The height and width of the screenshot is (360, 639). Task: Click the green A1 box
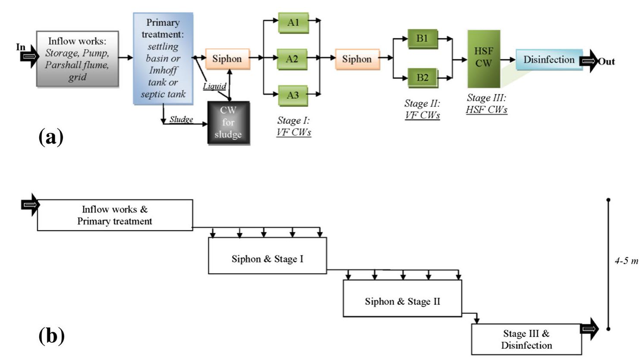click(293, 22)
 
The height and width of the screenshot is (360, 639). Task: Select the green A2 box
click(292, 59)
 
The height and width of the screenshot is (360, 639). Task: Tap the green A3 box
click(293, 95)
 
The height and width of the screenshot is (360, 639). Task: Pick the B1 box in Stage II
click(422, 39)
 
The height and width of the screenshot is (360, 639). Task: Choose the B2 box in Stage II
click(422, 78)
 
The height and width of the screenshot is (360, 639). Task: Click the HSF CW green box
click(483, 58)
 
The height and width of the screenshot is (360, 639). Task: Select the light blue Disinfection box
click(548, 60)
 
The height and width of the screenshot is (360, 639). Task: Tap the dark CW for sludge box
click(228, 123)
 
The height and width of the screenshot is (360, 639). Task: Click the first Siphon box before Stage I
click(227, 59)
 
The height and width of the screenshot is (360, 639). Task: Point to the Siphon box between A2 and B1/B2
click(357, 59)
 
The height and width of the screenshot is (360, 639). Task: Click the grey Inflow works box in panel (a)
click(77, 59)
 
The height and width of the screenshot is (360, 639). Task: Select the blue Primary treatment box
click(163, 59)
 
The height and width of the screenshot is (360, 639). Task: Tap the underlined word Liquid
click(214, 86)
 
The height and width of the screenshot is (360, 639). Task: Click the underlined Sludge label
click(181, 119)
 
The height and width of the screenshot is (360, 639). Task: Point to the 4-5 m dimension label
click(626, 261)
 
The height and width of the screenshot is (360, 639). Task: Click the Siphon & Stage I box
click(268, 259)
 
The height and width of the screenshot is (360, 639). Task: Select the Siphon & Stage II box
click(402, 301)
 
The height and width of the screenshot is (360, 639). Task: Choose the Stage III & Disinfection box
click(526, 339)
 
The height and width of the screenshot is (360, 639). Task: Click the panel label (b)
click(51, 336)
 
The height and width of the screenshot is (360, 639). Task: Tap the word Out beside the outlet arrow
click(606, 62)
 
